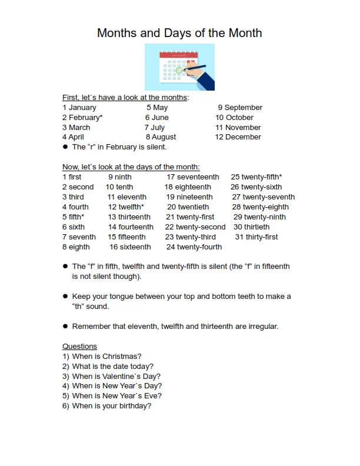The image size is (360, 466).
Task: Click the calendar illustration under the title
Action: point(179,67)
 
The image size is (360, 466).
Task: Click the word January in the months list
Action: point(82,108)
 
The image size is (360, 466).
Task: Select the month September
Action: point(243,108)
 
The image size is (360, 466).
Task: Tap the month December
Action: point(243,137)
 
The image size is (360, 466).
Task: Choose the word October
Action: point(239,118)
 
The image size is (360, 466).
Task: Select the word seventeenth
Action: point(198,177)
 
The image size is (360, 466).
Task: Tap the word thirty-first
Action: point(262,237)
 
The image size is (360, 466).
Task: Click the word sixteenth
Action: point(135,247)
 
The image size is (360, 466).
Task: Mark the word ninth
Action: point(123,177)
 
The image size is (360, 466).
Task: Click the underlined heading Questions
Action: point(79,347)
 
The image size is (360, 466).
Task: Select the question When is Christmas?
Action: point(106,357)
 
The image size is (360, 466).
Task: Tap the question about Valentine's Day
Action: point(116,377)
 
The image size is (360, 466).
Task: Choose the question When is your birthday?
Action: point(111,406)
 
